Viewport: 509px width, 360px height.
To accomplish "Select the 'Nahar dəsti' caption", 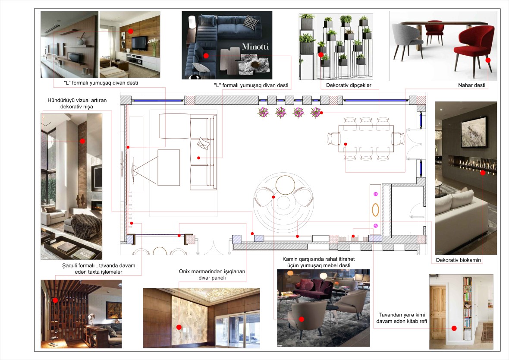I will coord(472,85).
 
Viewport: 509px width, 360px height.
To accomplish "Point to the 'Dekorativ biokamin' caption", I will coord(459,260).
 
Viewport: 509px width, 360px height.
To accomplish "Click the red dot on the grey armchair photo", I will coord(302,319).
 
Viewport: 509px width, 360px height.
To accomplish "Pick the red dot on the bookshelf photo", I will coord(454,328).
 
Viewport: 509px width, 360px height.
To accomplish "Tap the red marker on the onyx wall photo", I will coord(179,326).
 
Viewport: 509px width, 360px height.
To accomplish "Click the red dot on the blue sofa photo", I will coord(206,56).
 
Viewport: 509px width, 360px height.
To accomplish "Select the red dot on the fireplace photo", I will coord(483,173).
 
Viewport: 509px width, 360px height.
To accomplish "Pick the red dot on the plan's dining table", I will coord(346,144).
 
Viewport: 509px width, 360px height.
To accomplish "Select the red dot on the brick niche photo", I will coord(82,141).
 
